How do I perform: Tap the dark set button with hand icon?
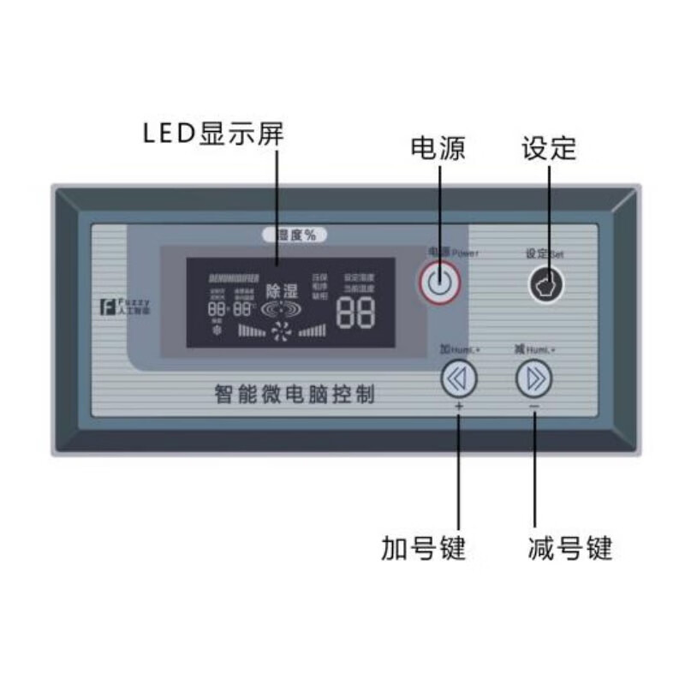[x=545, y=285]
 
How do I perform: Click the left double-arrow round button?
[x=460, y=378]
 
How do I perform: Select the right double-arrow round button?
[x=534, y=378]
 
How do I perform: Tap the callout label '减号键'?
[x=569, y=547]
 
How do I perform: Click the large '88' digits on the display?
[x=356, y=315]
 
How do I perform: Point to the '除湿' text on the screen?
[x=282, y=291]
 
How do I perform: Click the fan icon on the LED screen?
[x=282, y=332]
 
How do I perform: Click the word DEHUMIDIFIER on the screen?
[x=234, y=278]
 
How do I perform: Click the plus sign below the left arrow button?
[x=460, y=407]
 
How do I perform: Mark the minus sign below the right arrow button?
[x=534, y=407]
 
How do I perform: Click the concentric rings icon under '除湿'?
[x=282, y=309]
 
